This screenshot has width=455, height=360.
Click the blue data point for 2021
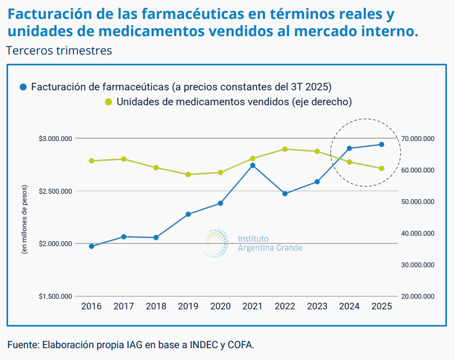pyautogui.click(x=253, y=165)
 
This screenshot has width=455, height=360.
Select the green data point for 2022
pyautogui.click(x=285, y=149)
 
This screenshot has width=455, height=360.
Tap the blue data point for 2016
pyautogui.click(x=91, y=246)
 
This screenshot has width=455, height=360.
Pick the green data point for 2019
pyautogui.click(x=188, y=174)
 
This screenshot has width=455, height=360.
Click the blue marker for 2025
pyautogui.click(x=382, y=144)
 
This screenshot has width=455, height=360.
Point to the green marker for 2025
pyautogui.click(x=382, y=168)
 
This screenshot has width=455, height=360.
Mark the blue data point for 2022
pyautogui.click(x=285, y=193)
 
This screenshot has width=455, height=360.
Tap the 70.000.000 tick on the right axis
pyautogui.click(x=418, y=139)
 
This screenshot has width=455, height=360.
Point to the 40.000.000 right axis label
pyautogui.click(x=418, y=233)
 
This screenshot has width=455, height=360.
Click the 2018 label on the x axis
pyautogui.click(x=156, y=307)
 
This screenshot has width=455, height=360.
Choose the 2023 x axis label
pyautogui.click(x=317, y=307)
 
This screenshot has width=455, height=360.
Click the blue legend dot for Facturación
pyautogui.click(x=23, y=87)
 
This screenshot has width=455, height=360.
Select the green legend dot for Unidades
pyautogui.click(x=108, y=101)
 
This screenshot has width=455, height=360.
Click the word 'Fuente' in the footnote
pyautogui.click(x=22, y=344)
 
